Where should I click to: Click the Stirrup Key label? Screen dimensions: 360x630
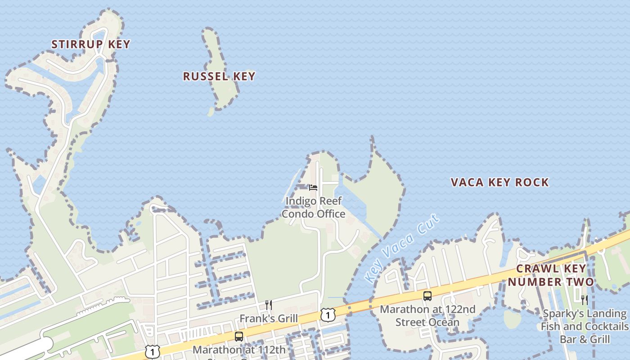click(x=90, y=44)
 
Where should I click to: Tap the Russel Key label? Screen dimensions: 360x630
click(x=219, y=76)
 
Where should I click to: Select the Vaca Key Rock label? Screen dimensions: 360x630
click(x=499, y=182)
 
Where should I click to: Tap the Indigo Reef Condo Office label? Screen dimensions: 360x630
click(x=314, y=207)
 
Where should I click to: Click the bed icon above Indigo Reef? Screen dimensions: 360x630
click(x=313, y=187)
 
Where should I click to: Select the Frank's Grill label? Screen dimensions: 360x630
click(x=268, y=319)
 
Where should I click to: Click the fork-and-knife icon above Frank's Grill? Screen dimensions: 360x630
click(x=269, y=305)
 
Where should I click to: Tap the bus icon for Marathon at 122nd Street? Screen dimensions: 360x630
click(x=427, y=296)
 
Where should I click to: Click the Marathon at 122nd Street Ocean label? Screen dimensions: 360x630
click(x=427, y=315)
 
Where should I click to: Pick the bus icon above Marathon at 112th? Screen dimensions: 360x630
click(x=239, y=336)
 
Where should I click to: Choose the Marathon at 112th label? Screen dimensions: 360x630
click(x=239, y=350)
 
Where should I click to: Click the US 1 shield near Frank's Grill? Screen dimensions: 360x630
click(x=328, y=315)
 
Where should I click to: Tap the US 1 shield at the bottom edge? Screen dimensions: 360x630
click(x=153, y=352)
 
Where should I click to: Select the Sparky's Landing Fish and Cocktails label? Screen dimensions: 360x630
click(x=585, y=326)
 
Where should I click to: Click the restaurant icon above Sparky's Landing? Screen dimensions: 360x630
click(x=584, y=300)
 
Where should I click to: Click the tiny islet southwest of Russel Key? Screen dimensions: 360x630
click(x=211, y=112)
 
